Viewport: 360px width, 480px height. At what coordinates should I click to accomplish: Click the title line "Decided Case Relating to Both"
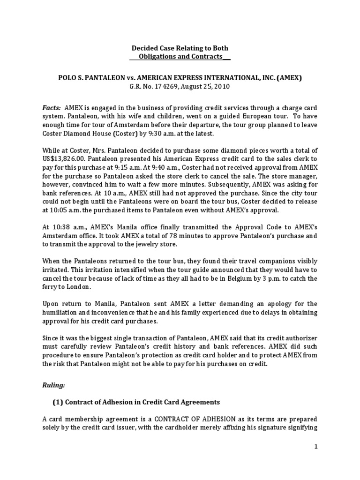180,48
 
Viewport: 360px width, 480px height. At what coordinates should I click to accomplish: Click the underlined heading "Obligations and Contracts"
180,57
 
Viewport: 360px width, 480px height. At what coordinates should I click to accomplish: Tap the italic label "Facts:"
51,107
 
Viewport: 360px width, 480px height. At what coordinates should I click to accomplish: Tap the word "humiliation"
61,313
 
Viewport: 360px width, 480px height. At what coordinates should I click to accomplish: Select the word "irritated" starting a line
56,270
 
